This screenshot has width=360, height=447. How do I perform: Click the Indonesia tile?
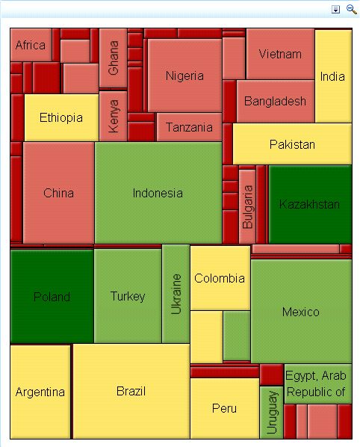coord(158,193)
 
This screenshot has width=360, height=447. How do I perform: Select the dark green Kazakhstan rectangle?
coord(309,204)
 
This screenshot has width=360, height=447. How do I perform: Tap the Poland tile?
coord(52,296)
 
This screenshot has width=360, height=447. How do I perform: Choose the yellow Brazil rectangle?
coord(131,391)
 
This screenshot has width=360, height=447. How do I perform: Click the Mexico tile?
coord(300,311)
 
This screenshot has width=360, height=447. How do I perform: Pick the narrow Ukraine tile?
coord(176,293)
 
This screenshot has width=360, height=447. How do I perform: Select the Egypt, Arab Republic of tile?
coord(317,383)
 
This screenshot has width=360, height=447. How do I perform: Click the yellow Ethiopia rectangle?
coord(61,117)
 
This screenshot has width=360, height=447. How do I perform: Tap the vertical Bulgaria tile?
coord(247,206)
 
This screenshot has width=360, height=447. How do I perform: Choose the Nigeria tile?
coord(184,75)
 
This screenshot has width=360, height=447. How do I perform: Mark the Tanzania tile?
coord(189,127)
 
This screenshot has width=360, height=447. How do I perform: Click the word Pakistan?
coord(292,144)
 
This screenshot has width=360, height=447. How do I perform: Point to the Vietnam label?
coord(280,54)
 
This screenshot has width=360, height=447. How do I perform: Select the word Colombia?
coord(220,278)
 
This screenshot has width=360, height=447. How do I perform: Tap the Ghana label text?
coord(114,58)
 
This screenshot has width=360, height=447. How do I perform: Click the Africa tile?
coord(31,45)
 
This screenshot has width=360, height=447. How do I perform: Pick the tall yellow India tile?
coord(333,76)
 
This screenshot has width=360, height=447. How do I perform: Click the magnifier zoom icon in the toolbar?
coord(351,9)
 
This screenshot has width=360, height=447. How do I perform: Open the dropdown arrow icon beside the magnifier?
coord(336,9)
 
